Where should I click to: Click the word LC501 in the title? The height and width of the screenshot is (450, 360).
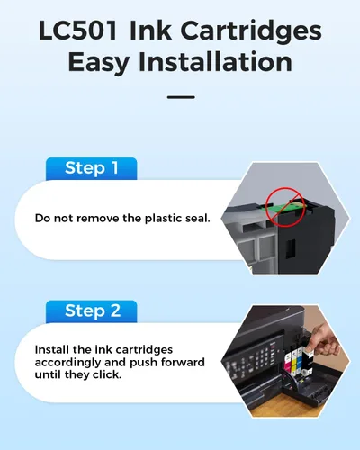coord(77,31)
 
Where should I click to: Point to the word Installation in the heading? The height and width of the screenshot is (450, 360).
coord(215,62)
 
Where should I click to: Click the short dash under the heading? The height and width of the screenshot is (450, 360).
coord(181,97)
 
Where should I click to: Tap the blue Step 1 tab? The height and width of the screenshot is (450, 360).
coord(92,168)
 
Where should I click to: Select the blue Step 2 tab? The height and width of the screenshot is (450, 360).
coord(92,311)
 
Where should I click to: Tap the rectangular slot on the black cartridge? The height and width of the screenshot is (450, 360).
coord(291,248)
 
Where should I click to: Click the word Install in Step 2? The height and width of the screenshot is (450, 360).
coord(52,349)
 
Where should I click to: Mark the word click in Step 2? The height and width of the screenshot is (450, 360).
coord(106,374)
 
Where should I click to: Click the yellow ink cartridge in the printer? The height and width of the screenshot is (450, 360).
coord(294,361)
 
